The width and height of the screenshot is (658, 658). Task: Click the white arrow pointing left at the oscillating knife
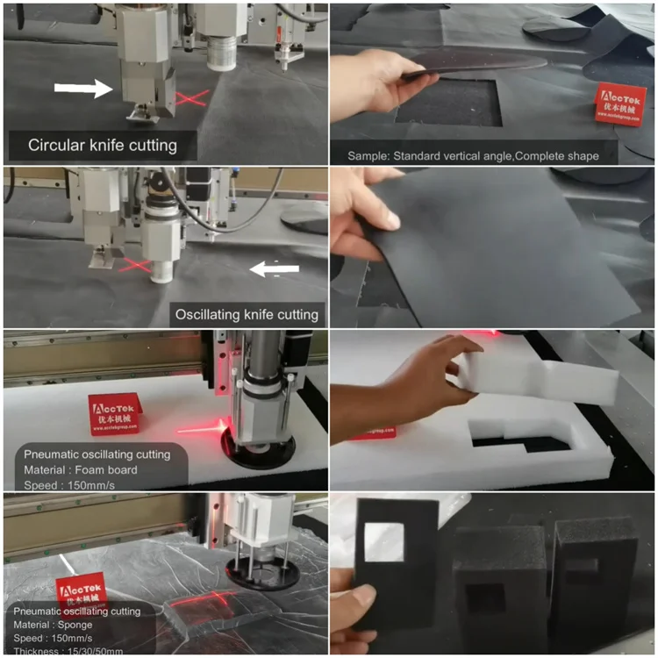275,269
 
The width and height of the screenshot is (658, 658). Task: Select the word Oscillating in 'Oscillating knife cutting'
212,313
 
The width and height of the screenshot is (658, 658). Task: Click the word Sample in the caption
370,155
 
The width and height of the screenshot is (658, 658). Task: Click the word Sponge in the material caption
98,625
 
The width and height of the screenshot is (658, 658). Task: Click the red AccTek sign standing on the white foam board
115,413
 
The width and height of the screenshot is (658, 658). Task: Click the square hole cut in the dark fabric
447,103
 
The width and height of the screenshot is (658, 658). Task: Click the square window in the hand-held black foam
383,541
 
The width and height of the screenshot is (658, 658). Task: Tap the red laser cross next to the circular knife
190,97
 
